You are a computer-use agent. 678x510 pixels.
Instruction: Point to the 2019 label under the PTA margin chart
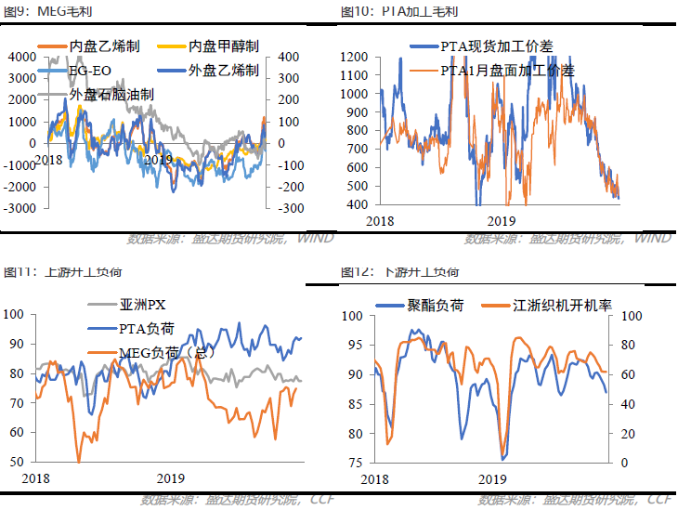502,221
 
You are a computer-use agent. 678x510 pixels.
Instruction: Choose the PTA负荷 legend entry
147,328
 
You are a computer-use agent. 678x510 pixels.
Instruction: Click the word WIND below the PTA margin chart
652,239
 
